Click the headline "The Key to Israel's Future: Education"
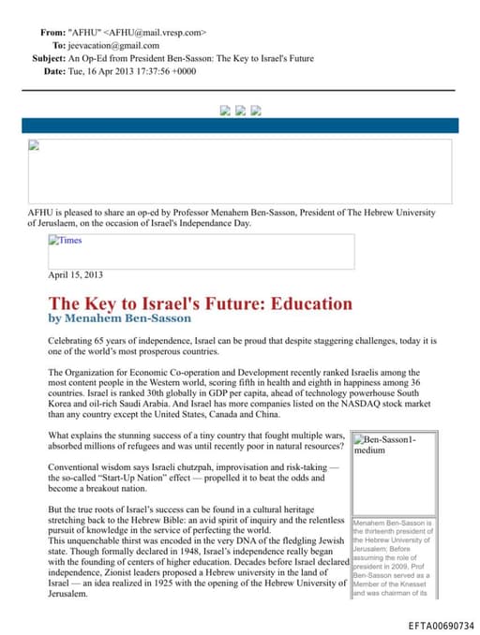(x=200, y=303)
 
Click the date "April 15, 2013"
(x=75, y=274)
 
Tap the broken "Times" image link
(x=66, y=241)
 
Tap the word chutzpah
(x=204, y=465)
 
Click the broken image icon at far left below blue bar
(x=35, y=145)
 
